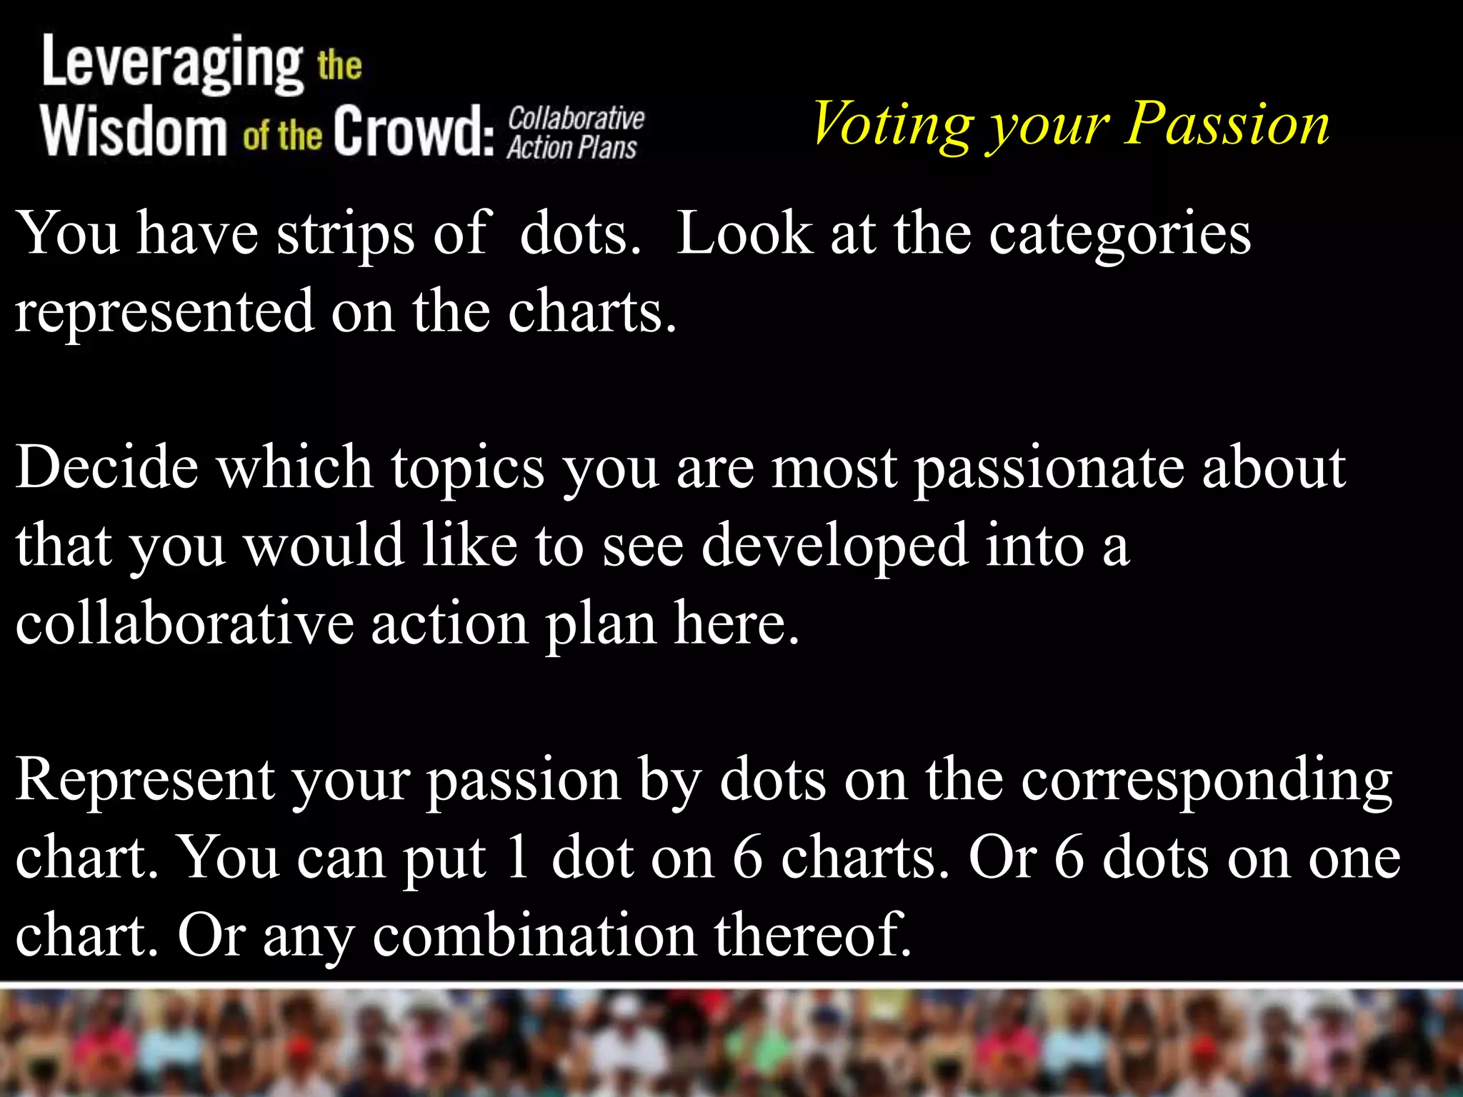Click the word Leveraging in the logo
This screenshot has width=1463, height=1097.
[172, 64]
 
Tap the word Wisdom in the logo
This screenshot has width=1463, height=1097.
[134, 131]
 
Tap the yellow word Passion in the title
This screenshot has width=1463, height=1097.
[1227, 124]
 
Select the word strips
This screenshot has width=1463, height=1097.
[346, 234]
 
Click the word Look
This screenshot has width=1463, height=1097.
[744, 234]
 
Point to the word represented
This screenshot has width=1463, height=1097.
[165, 312]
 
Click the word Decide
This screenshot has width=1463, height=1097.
[107, 468]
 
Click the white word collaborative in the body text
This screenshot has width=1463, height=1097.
[184, 623]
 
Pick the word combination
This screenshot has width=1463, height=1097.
[534, 936]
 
